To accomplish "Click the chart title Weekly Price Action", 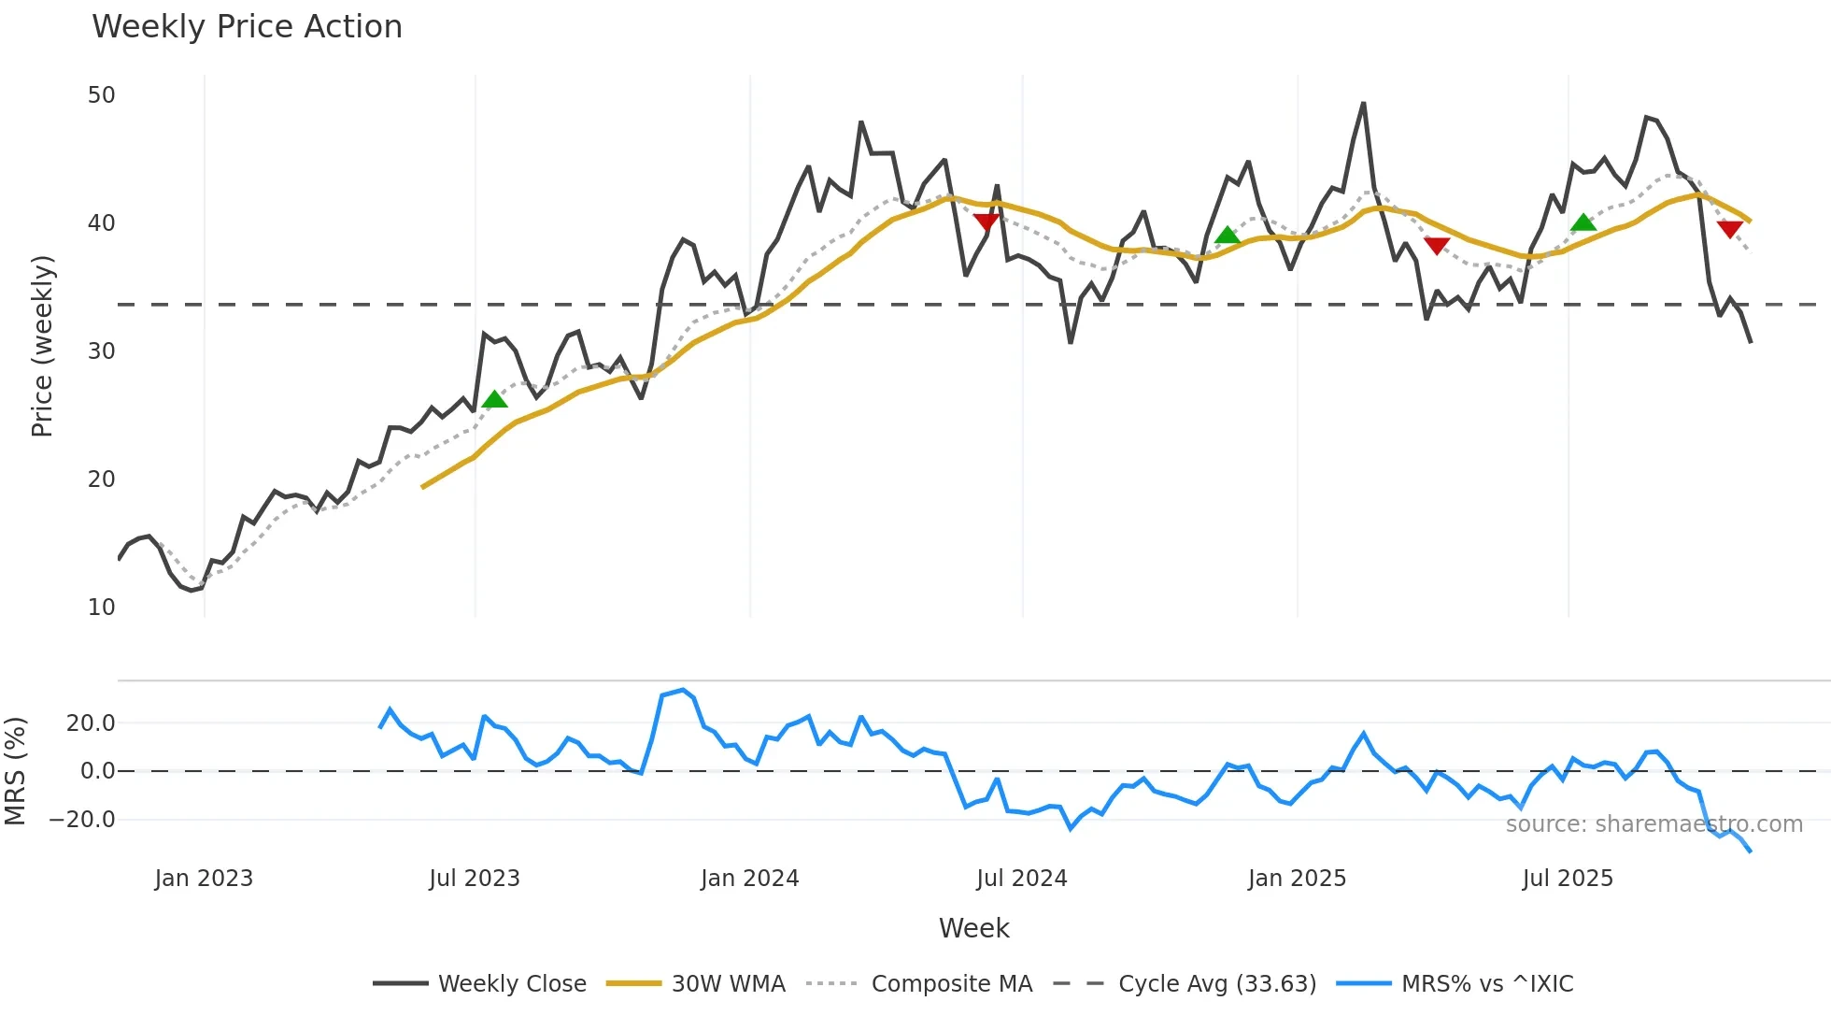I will tap(247, 27).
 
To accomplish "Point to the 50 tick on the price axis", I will tap(101, 95).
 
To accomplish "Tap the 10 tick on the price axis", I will tap(101, 608).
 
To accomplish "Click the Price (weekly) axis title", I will tap(42, 346).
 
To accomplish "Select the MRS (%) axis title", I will tap(16, 771).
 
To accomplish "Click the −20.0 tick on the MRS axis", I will tap(82, 820).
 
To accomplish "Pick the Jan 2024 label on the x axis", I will tap(749, 879).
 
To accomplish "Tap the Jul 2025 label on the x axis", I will tap(1568, 879).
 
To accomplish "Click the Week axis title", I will tap(973, 928).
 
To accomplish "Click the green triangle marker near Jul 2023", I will tap(495, 400).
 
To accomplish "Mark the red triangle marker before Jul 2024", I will tap(986, 222).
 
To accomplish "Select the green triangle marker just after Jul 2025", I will tap(1583, 222).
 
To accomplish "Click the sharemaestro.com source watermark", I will tap(1654, 824).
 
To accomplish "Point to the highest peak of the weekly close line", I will tap(1363, 104).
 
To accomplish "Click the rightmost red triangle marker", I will tap(1729, 229).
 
